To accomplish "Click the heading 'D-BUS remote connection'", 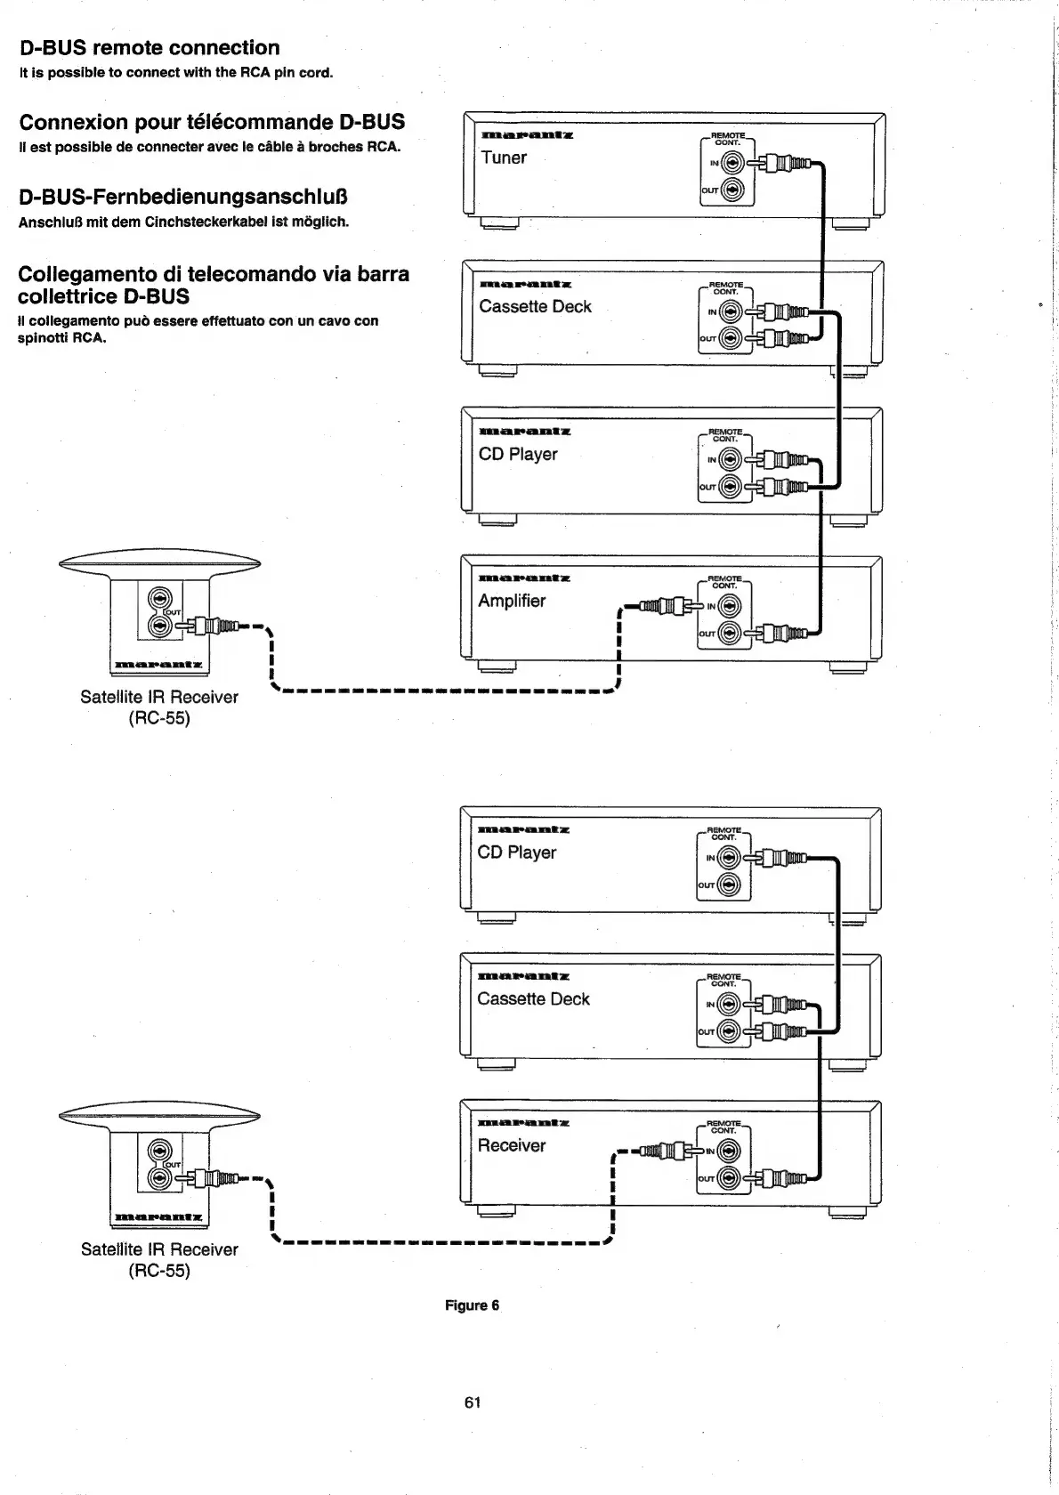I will pos(150,48).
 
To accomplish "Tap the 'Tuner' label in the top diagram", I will pos(504,158).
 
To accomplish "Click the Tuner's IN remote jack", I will pos(732,163).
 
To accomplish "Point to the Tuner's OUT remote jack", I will pos(732,190).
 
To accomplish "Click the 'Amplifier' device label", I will pos(512,601).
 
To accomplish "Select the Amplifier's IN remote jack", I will pos(730,607).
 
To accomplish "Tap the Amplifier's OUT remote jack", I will pos(730,633).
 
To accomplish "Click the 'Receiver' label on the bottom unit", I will pos(512,1145).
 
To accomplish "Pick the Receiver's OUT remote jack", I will pos(730,1179).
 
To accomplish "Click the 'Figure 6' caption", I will pos(473,1305).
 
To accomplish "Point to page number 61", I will pos(473,1402).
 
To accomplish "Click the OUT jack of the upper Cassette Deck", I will pos(731,338).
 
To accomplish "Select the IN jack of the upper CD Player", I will pos(730,460).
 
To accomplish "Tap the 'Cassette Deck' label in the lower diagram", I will pos(533,998).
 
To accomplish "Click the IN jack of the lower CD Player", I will pos(730,859).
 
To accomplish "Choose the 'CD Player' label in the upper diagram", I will pos(518,454).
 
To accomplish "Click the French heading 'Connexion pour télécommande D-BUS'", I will pos(212,122).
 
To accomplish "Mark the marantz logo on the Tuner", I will pos(527,136).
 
